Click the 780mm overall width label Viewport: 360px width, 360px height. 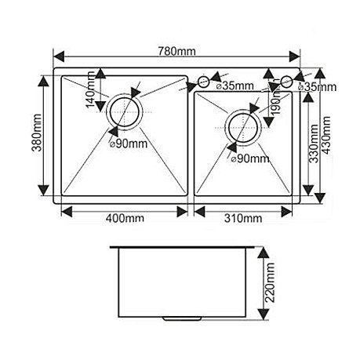(x=176, y=51)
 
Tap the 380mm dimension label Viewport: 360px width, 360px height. (x=37, y=133)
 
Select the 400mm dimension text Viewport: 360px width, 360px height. (x=125, y=218)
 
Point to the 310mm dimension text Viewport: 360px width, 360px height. (x=243, y=218)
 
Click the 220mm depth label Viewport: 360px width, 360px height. (x=270, y=282)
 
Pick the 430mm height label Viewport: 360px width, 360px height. (x=325, y=135)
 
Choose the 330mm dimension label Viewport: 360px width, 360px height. (x=313, y=144)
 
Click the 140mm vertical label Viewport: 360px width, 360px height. (x=90, y=89)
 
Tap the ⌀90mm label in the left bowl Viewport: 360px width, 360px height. (x=129, y=144)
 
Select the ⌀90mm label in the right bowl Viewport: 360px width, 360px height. (x=250, y=158)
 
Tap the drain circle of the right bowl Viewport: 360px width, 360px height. (x=243, y=128)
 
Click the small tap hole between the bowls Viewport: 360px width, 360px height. (x=203, y=82)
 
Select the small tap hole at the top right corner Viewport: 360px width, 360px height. (x=286, y=82)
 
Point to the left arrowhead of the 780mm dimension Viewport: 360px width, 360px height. (x=59, y=56)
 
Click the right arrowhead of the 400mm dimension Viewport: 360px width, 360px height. (x=182, y=212)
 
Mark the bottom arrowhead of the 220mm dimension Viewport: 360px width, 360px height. (x=264, y=313)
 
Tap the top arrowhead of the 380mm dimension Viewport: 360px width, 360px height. (x=43, y=82)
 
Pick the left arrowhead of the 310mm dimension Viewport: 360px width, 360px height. (x=199, y=212)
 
